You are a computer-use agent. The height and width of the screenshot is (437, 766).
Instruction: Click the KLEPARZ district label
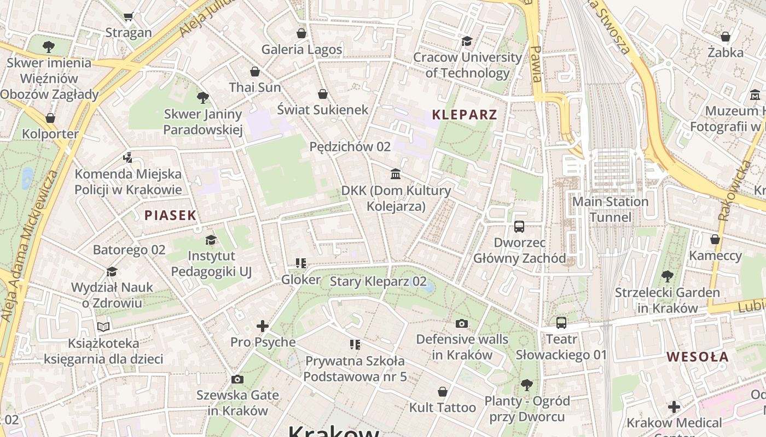[465, 115]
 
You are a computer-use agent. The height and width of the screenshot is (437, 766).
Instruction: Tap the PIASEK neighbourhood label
[170, 215]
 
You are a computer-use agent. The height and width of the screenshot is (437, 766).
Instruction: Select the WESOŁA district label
[697, 357]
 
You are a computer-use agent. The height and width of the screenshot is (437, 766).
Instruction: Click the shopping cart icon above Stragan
[128, 17]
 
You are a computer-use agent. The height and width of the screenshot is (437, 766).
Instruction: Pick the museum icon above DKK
[395, 174]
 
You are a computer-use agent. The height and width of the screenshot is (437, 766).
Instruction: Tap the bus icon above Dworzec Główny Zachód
[519, 226]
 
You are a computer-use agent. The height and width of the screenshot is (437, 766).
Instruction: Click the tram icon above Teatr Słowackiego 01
[561, 323]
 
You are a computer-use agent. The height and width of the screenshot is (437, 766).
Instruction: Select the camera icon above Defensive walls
[462, 323]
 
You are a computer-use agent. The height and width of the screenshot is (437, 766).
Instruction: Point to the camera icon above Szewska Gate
[237, 379]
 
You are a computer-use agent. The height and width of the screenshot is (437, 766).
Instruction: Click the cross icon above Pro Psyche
[263, 326]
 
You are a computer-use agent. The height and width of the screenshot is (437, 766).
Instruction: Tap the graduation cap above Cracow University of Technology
[467, 41]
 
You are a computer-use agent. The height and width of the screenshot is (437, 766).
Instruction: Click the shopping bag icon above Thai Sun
[255, 72]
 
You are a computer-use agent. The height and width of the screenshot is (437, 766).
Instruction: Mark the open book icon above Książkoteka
[103, 327]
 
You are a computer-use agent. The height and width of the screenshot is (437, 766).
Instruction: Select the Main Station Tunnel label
[610, 209]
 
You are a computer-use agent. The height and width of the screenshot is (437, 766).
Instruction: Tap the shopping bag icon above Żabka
[725, 37]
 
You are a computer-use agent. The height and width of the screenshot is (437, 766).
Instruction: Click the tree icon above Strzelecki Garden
[667, 276]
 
